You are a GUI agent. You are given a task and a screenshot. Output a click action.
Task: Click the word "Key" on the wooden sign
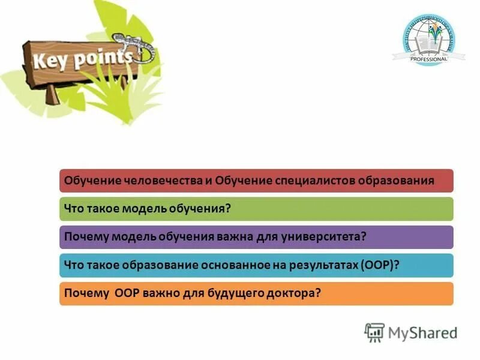47,61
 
